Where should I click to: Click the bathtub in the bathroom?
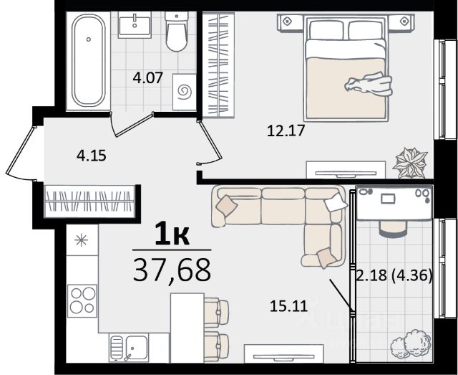(89, 61)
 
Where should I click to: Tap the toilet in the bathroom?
(177, 32)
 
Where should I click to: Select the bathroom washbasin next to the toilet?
(135, 25)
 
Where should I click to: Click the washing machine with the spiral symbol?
(185, 92)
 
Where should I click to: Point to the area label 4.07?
(147, 78)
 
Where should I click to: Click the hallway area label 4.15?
(92, 156)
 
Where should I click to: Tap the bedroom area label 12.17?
(286, 130)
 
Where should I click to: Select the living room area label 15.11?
(289, 306)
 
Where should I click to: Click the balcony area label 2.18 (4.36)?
(394, 275)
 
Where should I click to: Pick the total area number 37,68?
(172, 270)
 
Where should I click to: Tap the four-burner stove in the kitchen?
(82, 300)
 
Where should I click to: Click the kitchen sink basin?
(137, 347)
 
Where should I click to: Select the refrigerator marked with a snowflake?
(82, 240)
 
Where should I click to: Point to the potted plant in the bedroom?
(410, 163)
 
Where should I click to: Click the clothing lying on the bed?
(369, 84)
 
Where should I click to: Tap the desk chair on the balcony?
(393, 228)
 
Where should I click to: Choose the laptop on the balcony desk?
(388, 199)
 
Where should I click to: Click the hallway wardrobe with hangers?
(89, 201)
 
